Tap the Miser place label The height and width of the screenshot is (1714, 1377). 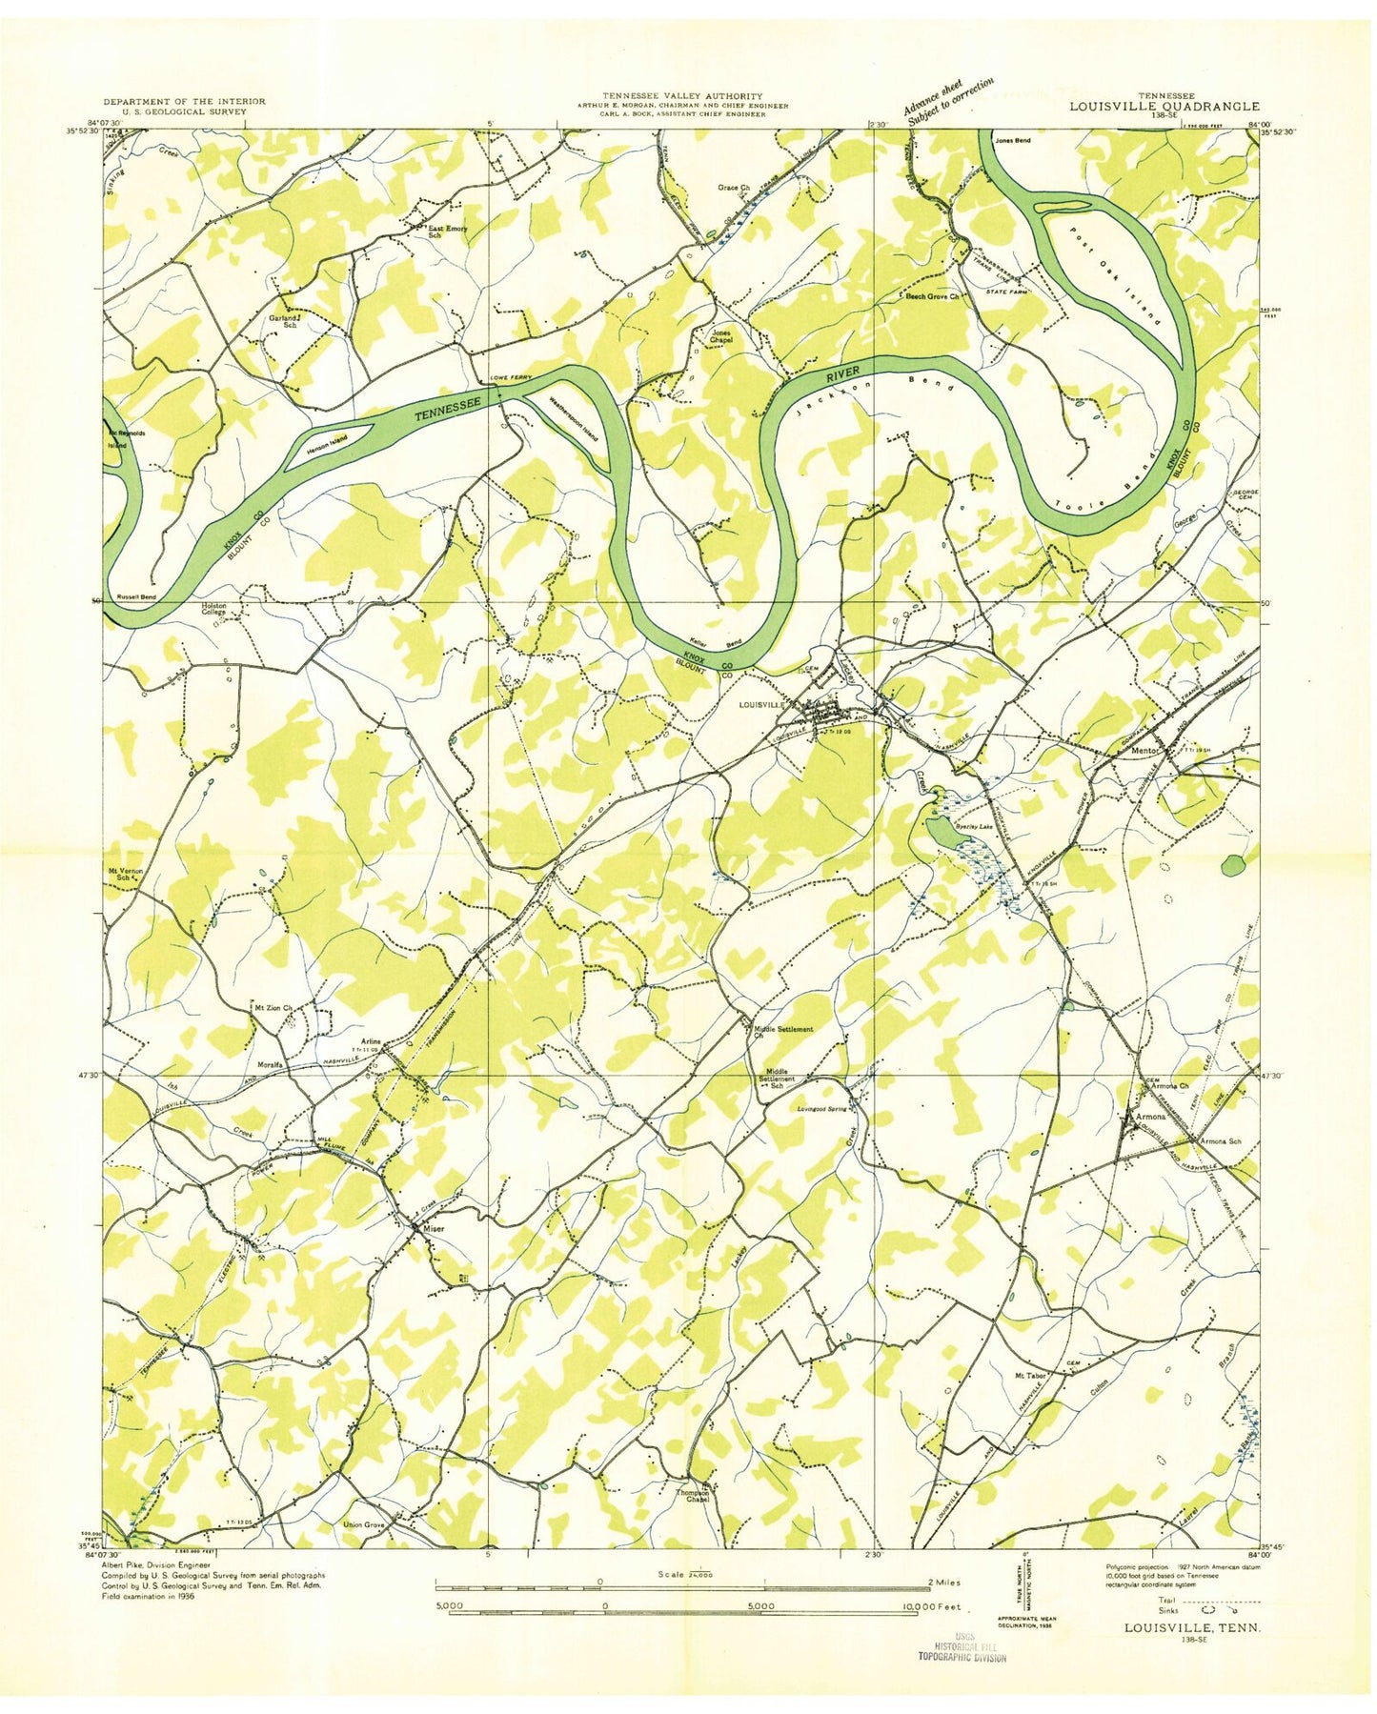click(435, 1227)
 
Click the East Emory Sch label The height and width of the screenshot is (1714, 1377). click(446, 232)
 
